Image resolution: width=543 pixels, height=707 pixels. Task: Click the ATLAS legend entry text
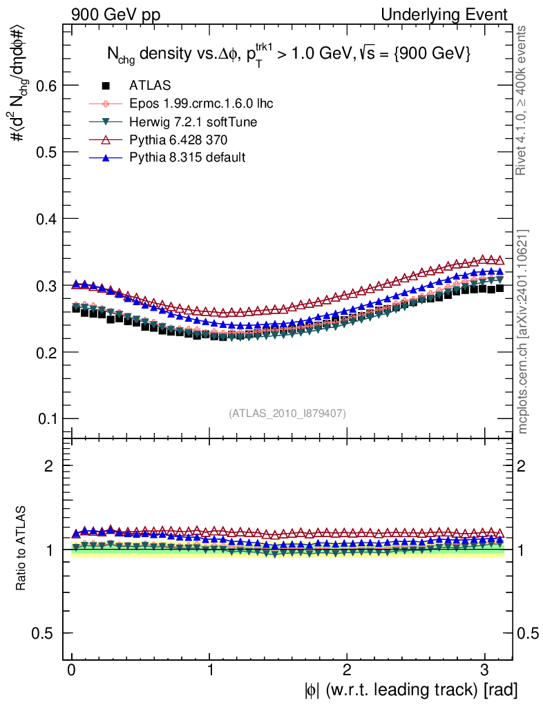(150, 86)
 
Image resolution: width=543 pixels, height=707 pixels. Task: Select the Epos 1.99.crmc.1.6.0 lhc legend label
(201, 104)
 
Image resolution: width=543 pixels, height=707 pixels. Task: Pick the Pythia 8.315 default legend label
(187, 157)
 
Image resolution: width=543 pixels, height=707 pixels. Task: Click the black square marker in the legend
(106, 86)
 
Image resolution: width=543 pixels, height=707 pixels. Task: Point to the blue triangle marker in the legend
(106, 157)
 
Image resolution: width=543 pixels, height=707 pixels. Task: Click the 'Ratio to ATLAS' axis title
(22, 549)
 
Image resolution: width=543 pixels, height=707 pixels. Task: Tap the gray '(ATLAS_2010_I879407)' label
(287, 413)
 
